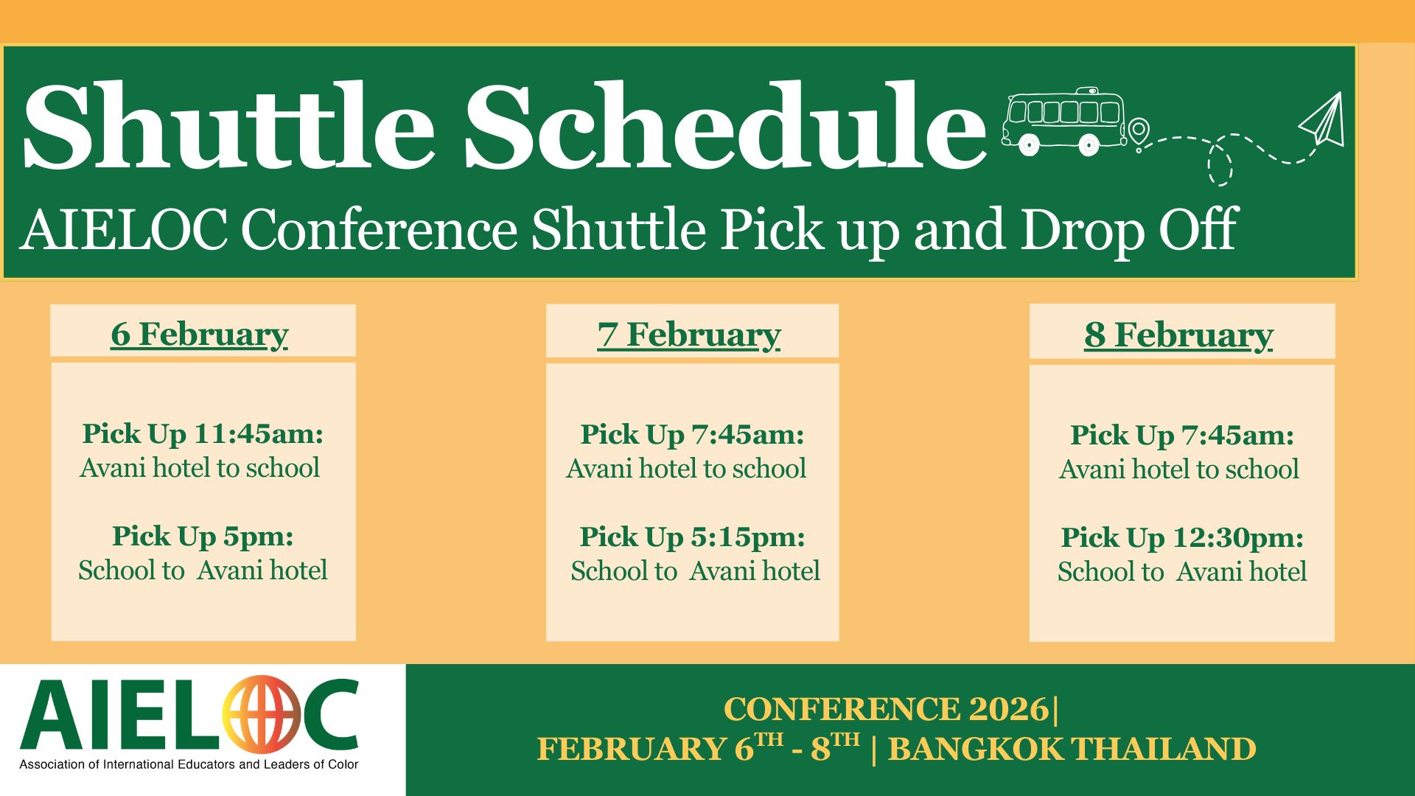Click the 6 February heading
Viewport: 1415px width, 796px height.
[x=200, y=335]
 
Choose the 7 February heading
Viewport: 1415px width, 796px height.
[x=689, y=335]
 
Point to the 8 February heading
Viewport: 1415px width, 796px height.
[x=1178, y=335]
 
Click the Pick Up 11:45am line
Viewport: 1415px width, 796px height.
[x=203, y=434]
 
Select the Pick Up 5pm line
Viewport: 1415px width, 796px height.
[x=203, y=537]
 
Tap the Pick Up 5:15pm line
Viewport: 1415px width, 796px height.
[x=692, y=537]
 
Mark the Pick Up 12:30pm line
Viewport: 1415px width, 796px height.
[x=1182, y=538]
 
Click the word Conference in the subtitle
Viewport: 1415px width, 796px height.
[x=380, y=230]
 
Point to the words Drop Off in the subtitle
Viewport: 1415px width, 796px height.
[x=1129, y=230]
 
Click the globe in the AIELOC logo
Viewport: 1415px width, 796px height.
[x=262, y=713]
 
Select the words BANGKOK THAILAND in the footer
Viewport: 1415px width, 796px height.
[x=1072, y=750]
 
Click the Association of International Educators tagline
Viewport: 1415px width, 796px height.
[x=189, y=764]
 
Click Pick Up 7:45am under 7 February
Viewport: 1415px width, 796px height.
[x=692, y=435]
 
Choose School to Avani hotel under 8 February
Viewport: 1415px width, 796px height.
[x=1182, y=572]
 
